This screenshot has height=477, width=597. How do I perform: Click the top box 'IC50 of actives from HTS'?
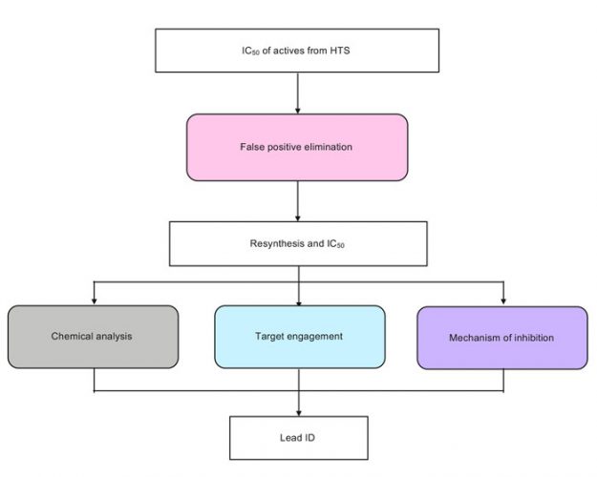(x=298, y=50)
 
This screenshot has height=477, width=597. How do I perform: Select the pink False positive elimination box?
(x=298, y=147)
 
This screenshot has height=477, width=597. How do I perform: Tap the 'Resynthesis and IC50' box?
(x=298, y=244)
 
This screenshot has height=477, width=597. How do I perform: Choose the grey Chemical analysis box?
(x=94, y=336)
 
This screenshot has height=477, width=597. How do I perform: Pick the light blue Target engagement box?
(x=299, y=337)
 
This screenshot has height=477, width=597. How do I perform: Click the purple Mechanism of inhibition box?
(x=502, y=338)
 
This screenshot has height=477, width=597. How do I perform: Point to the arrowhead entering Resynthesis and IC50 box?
(x=299, y=218)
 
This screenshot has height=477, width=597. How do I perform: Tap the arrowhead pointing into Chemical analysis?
(x=94, y=301)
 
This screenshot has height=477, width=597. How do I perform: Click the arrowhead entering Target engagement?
(x=299, y=301)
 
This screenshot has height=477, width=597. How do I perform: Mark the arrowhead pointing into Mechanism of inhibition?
(x=502, y=301)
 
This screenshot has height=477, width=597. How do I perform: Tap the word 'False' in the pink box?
(x=253, y=147)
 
